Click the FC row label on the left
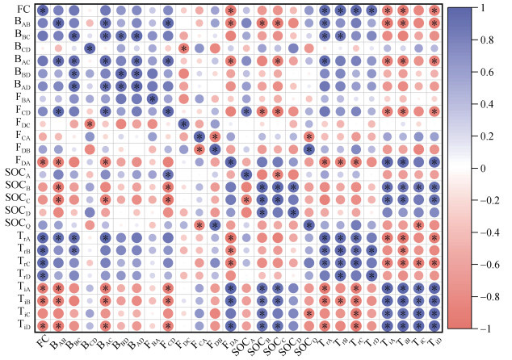tap(19, 10)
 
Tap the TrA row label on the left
tap(20, 237)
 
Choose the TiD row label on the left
tap(20, 324)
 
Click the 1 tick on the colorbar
tap(481, 7)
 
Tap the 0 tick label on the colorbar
tap(481, 168)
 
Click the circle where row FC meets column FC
tap(42, 10)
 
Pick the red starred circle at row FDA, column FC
tap(42, 161)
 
